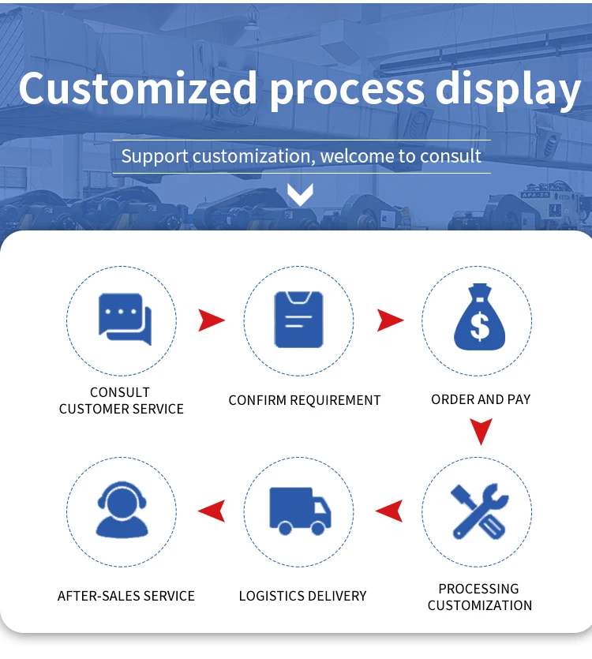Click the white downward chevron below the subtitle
[300, 194]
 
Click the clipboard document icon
[298, 319]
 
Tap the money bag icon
[478, 318]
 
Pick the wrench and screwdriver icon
[479, 511]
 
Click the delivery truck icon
[300, 511]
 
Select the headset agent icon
[122, 511]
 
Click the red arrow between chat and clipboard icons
[211, 320]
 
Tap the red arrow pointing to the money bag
[389, 320]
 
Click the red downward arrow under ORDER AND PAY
[480, 431]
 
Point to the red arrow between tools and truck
[389, 511]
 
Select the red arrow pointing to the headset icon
[211, 511]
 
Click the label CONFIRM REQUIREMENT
[304, 400]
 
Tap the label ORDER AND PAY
[481, 399]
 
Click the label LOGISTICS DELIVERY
[302, 596]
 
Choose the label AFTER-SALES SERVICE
[126, 596]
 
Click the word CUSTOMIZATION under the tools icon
[480, 605]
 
